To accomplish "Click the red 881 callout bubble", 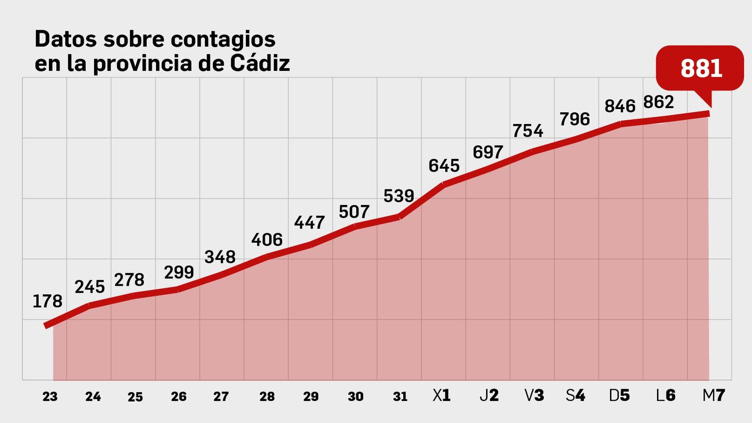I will pos(700,69).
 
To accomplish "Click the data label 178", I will pos(47,301).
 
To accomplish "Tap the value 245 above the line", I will pos(89,287).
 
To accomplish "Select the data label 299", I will pos(179,272).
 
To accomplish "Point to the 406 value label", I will pos(267,240).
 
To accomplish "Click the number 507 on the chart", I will pos(354,212).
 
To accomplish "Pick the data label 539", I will pos(399,196).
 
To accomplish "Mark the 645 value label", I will pos(444,166).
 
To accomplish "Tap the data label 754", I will pos(527,131).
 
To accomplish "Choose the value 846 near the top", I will pos(619,107).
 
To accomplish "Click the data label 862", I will pos(658,102).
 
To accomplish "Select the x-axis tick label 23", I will pos(50,397).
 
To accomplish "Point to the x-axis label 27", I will pos(221,397).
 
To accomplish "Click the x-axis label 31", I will pos(400,397).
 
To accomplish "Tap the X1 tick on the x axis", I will pos(441,396).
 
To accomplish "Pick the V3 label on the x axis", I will pos(534,396).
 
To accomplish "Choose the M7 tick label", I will pos(713,396).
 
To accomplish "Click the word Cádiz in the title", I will pos(260,63).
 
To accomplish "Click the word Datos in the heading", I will pos(66,39).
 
